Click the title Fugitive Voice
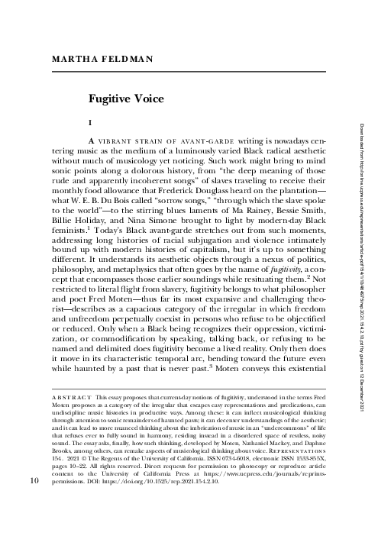(125, 98)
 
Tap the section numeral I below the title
(91, 123)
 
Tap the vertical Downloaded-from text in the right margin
(354, 275)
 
